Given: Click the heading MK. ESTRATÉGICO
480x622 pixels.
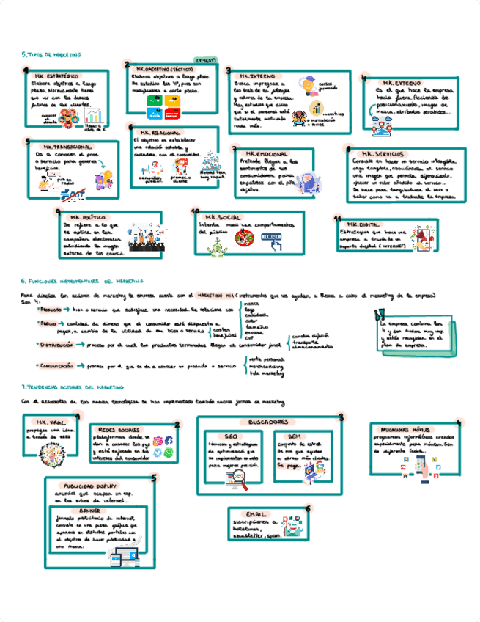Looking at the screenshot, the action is point(56,76).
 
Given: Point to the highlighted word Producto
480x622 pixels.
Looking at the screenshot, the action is point(52,310).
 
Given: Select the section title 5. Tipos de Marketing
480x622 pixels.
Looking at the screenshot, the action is point(51,54).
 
